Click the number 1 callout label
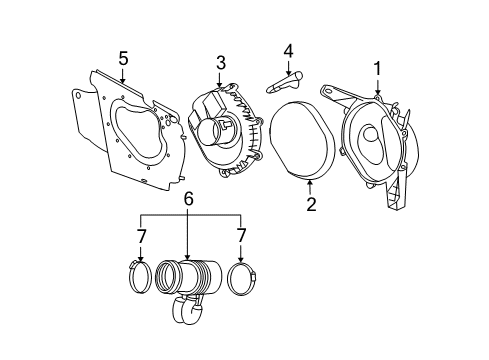click(377, 67)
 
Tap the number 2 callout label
click(311, 205)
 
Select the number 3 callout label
click(221, 62)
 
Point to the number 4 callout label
click(288, 49)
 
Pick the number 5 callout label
click(122, 58)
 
